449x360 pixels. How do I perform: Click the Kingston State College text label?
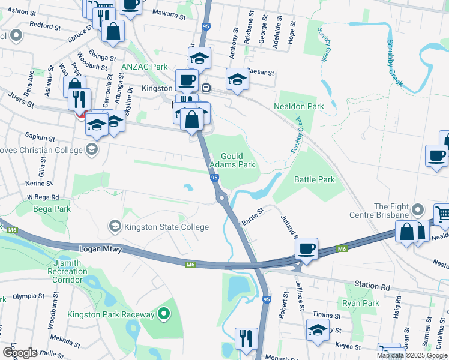166,227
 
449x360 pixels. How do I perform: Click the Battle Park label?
314,179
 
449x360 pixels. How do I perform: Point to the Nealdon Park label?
298,106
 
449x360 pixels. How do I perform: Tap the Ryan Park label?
360,304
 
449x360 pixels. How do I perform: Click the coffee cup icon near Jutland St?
306,248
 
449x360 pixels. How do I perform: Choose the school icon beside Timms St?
318,329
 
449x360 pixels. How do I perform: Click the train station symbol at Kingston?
206,88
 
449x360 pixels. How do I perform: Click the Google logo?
20,353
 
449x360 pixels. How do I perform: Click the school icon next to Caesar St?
237,79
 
